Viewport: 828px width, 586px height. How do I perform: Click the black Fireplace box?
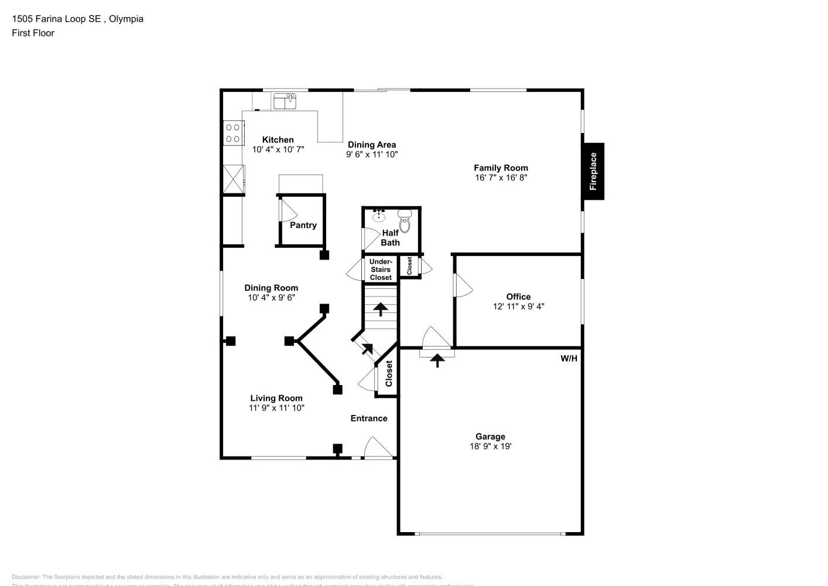pyautogui.click(x=593, y=171)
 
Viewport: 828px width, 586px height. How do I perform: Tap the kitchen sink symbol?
pyautogui.click(x=285, y=101)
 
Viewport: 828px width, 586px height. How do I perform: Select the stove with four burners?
pyautogui.click(x=233, y=133)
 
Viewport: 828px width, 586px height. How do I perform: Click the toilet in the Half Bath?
pyautogui.click(x=405, y=222)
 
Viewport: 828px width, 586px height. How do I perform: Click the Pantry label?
pyautogui.click(x=303, y=225)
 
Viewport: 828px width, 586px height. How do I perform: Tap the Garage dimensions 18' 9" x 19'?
pyautogui.click(x=490, y=447)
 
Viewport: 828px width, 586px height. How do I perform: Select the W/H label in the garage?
pyautogui.click(x=569, y=359)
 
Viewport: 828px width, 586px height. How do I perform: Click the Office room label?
pyautogui.click(x=518, y=297)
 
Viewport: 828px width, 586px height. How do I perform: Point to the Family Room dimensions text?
pyautogui.click(x=501, y=178)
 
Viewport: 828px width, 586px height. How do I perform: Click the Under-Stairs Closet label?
pyautogui.click(x=381, y=270)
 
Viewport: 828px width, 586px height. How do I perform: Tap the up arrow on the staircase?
pyautogui.click(x=381, y=309)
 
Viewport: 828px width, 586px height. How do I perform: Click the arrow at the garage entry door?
pyautogui.click(x=437, y=360)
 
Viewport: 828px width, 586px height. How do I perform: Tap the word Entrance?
pyautogui.click(x=369, y=418)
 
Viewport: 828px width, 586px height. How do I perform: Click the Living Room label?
pyautogui.click(x=276, y=398)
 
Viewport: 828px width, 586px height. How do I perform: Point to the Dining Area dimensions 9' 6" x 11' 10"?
pyautogui.click(x=372, y=155)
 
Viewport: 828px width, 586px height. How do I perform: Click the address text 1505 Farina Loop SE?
pyautogui.click(x=56, y=19)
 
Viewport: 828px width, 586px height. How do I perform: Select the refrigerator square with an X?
pyautogui.click(x=233, y=179)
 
